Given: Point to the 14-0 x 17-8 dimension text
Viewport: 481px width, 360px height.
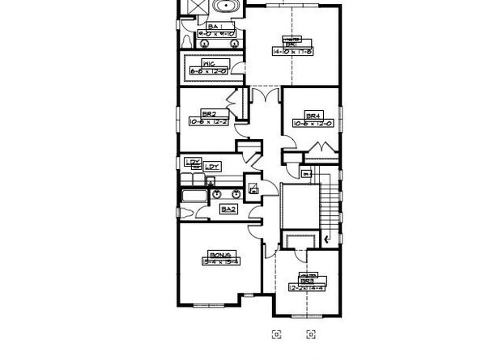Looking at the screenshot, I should (x=292, y=49).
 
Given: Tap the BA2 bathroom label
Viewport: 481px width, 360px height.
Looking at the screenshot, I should (x=228, y=209).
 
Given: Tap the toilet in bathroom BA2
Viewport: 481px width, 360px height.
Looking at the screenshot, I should (x=185, y=212).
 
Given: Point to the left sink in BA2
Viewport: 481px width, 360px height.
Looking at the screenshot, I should (x=217, y=194).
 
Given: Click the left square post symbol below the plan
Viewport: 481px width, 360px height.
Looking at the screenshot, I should (x=276, y=333).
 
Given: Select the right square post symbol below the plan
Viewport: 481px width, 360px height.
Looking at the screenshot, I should (x=310, y=333).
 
